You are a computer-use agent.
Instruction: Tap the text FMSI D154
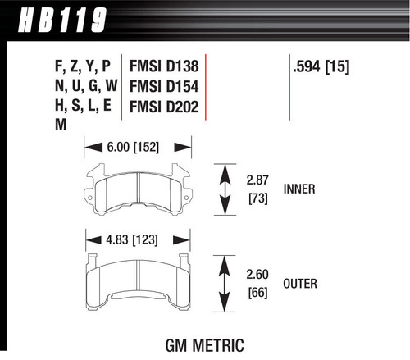point(161,86)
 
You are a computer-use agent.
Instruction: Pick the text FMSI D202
point(161,105)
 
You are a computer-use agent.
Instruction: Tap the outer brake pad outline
point(133,282)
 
